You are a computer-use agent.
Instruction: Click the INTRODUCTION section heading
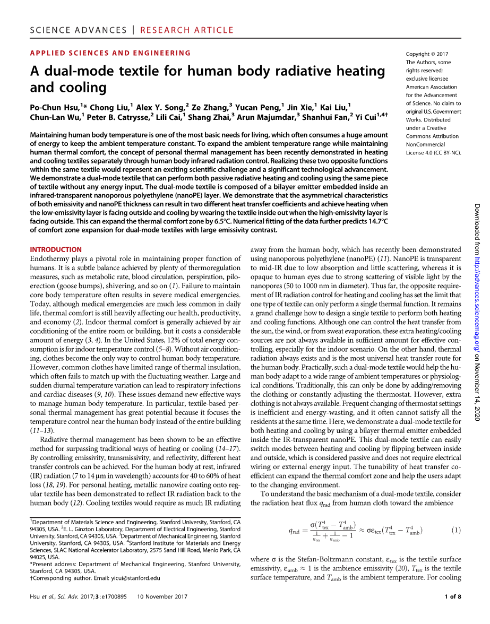click(56, 249)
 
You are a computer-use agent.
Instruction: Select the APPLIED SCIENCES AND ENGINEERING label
click(110, 53)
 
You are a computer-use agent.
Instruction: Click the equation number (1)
click(455, 530)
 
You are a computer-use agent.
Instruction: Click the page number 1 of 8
click(452, 597)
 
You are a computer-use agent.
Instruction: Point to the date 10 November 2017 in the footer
click(162, 597)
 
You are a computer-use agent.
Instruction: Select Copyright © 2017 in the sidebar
click(427, 54)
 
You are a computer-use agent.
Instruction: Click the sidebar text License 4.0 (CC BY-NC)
click(433, 153)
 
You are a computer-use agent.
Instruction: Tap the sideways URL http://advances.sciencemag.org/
click(476, 298)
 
